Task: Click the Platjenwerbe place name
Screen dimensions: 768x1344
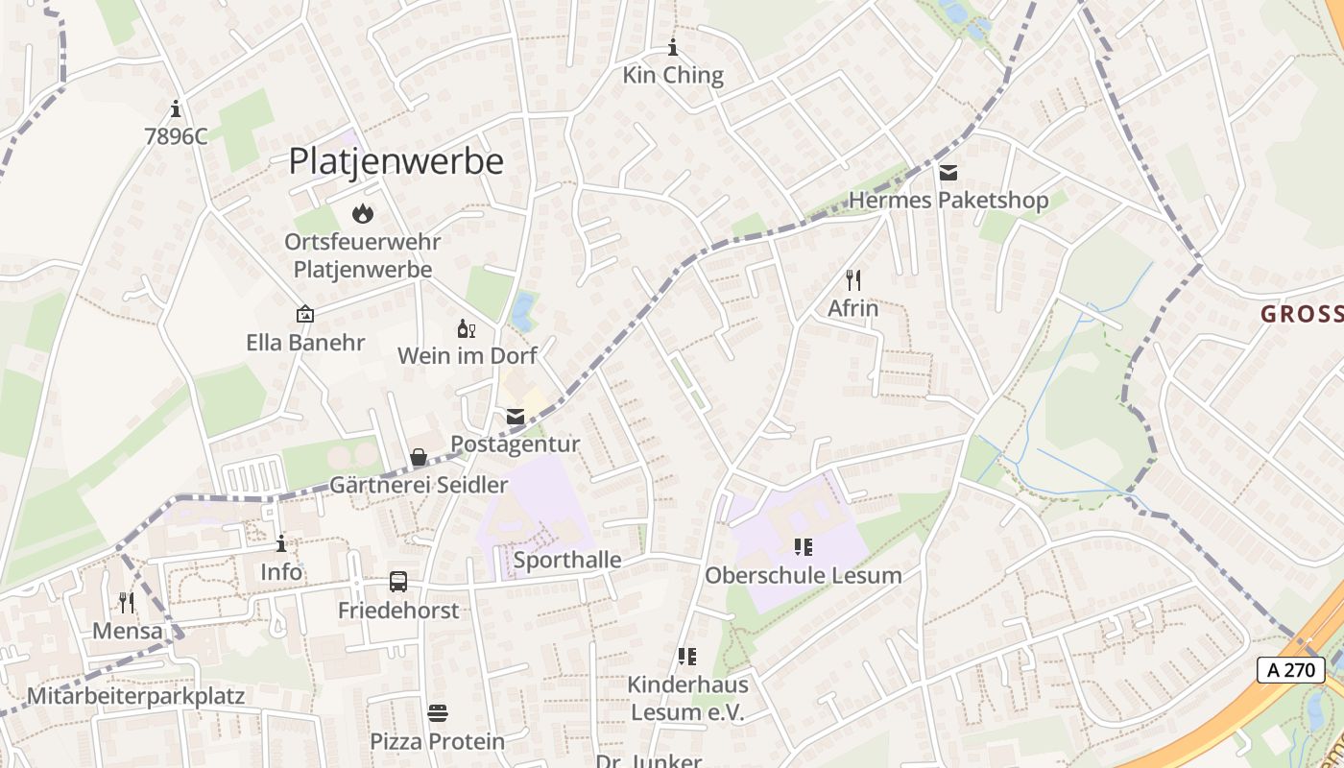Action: (396, 161)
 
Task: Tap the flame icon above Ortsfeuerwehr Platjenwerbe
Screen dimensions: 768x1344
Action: (362, 213)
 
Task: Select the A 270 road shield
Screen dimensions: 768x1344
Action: (1290, 670)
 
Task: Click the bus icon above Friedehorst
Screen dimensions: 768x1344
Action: (398, 582)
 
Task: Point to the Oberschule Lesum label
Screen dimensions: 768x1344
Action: (803, 576)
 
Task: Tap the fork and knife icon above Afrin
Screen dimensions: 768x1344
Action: (852, 280)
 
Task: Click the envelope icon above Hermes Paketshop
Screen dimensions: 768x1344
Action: (948, 173)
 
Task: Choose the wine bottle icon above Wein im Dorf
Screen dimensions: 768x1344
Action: (467, 328)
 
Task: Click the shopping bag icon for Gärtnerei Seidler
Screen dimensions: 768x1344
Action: (419, 458)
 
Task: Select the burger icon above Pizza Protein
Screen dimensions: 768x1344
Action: (438, 713)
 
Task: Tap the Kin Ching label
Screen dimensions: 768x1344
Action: (673, 76)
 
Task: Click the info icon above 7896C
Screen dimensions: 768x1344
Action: (175, 108)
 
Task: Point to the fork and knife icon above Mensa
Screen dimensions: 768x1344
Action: (127, 603)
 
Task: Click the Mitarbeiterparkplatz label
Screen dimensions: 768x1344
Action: (136, 697)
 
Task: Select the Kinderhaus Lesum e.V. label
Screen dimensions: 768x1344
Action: (687, 699)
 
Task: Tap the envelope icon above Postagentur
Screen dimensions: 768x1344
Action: (516, 417)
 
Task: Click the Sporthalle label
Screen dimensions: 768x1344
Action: (567, 561)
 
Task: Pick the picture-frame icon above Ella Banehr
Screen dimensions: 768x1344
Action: (305, 314)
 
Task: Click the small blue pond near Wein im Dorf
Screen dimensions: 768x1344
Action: (522, 311)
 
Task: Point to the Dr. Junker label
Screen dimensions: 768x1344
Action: (649, 760)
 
